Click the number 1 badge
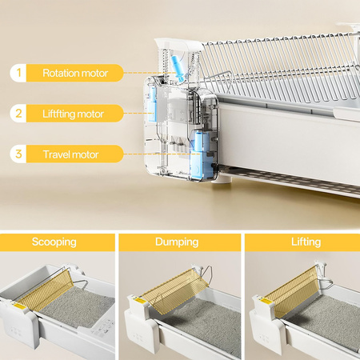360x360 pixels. click(18, 73)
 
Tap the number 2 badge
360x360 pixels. click(18, 114)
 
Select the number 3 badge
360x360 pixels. click(18, 154)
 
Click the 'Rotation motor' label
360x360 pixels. click(75, 73)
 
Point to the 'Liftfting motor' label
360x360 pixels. click(73, 114)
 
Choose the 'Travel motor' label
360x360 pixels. click(70, 154)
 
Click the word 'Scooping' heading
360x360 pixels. click(54, 242)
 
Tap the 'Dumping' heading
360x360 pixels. click(177, 242)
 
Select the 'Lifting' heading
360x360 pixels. click(306, 242)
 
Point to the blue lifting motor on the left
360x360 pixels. click(153, 104)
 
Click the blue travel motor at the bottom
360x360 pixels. click(201, 154)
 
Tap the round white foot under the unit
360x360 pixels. click(222, 179)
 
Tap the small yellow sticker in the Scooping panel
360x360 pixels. click(18, 306)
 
